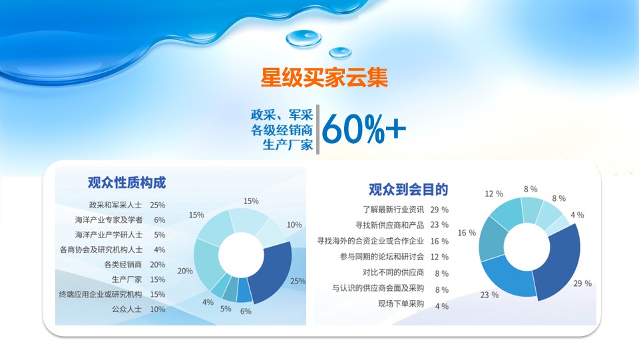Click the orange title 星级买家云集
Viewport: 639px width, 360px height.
(324, 77)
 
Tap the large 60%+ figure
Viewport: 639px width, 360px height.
(364, 129)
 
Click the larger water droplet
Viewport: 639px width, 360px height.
(304, 39)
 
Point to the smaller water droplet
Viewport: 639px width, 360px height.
(340, 53)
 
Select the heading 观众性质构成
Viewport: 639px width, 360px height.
(126, 182)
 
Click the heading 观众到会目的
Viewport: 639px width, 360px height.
(408, 190)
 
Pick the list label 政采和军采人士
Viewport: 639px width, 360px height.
(116, 205)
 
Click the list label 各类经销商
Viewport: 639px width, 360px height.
(122, 265)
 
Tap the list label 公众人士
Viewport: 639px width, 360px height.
(126, 309)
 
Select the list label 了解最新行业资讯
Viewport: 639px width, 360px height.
(393, 210)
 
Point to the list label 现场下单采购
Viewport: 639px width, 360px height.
(401, 304)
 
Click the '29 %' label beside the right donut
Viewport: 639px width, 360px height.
(582, 283)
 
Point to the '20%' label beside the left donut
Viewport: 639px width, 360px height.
(185, 271)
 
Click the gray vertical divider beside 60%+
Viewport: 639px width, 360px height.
(318, 130)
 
